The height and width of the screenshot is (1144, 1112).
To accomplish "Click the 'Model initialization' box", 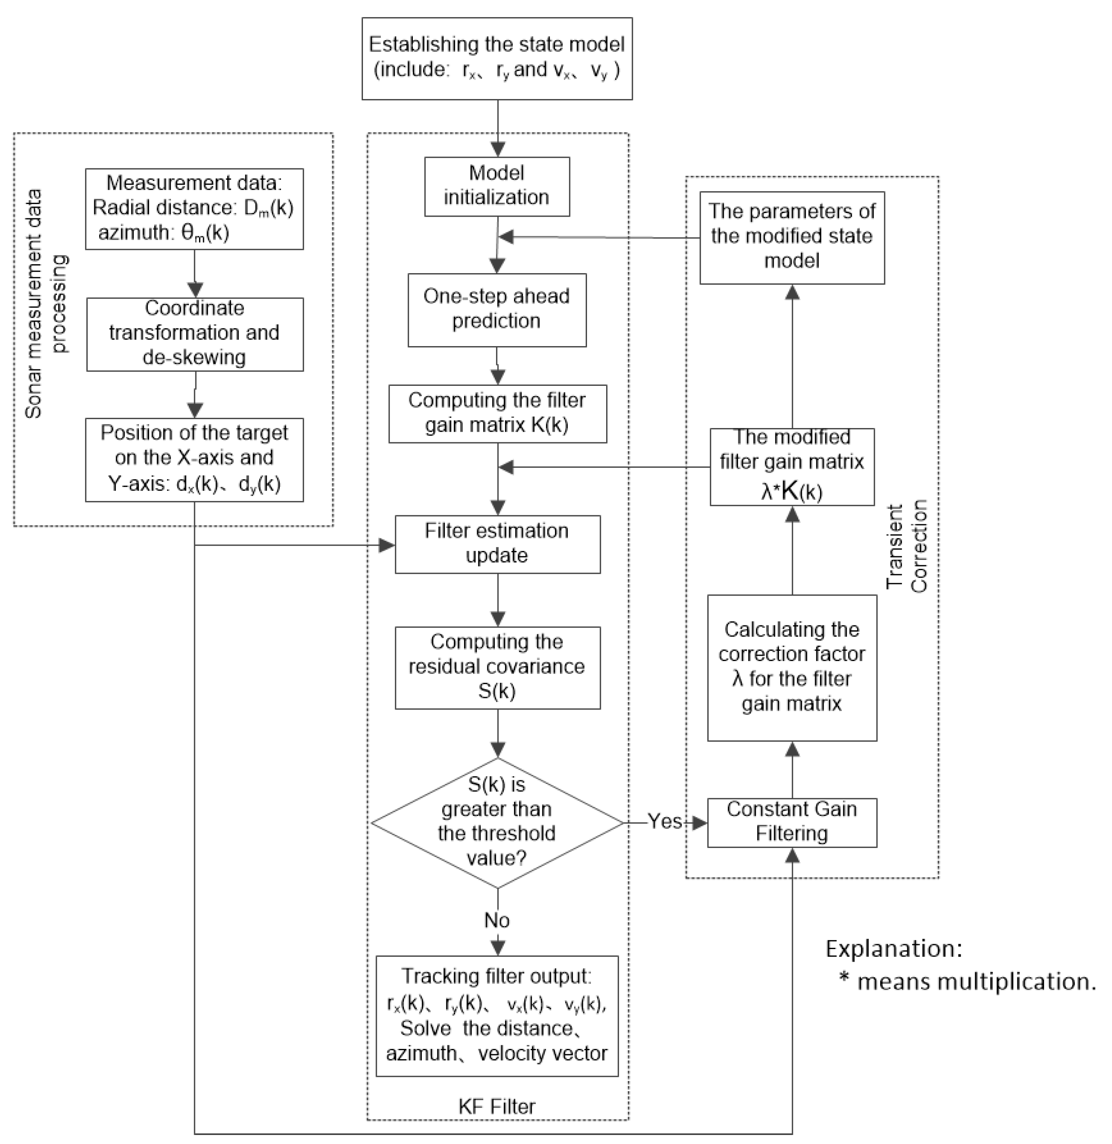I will click(496, 186).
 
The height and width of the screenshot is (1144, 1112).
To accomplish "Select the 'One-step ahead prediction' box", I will click(496, 310).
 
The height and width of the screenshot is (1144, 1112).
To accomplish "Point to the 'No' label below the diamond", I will click(496, 920).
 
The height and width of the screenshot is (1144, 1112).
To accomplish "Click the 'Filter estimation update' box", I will click(497, 544).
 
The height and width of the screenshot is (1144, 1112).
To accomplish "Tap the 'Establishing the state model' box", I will click(496, 59).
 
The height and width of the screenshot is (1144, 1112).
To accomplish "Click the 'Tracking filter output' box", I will click(496, 1015).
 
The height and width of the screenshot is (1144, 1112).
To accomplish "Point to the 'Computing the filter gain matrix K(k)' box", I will click(497, 413).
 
